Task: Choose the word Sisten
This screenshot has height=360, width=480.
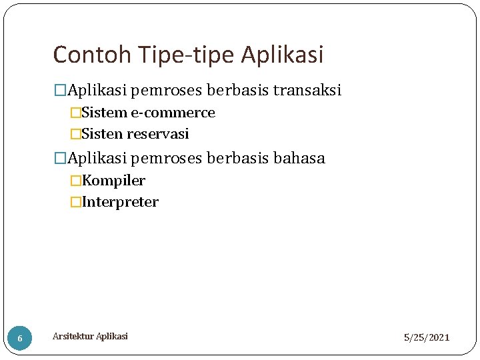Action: (x=102, y=134)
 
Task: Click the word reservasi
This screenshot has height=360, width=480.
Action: (x=158, y=134)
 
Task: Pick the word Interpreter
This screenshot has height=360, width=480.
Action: (x=120, y=202)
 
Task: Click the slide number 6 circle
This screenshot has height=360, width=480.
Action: (x=20, y=338)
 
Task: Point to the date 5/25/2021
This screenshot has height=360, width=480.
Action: (x=427, y=338)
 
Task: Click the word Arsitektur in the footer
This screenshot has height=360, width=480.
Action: (x=73, y=336)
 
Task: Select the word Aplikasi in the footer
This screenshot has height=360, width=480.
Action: (x=111, y=336)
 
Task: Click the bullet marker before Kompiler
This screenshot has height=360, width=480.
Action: (x=75, y=181)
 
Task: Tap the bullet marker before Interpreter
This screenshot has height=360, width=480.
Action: (x=75, y=202)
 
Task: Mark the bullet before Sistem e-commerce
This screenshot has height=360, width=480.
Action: (x=75, y=113)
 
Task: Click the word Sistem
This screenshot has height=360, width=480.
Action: (x=104, y=113)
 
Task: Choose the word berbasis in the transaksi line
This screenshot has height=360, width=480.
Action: (x=237, y=90)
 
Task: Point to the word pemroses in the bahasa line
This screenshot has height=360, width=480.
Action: (x=169, y=158)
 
